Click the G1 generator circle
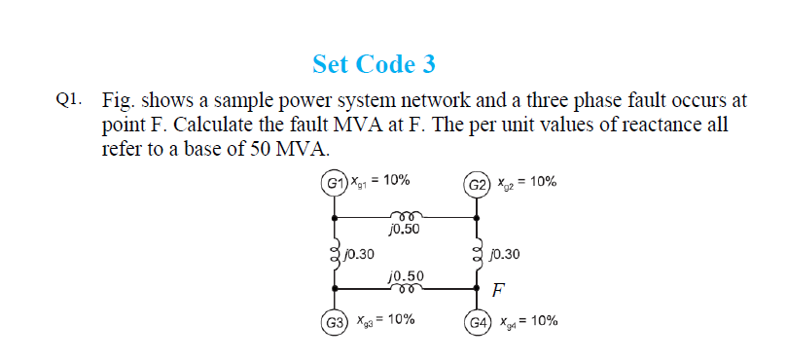[x=336, y=183]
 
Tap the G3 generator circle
[x=336, y=322]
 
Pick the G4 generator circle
[x=478, y=322]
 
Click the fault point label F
[x=498, y=290]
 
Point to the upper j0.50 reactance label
[x=403, y=231]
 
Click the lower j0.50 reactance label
[x=405, y=275]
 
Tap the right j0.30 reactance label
[x=506, y=254]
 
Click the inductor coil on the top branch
[x=403, y=217]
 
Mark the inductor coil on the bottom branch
[x=405, y=288]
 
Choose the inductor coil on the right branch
[x=478, y=255]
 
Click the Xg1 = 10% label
[x=381, y=181]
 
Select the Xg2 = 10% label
[x=526, y=182]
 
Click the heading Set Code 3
[x=375, y=64]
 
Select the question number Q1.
[x=68, y=99]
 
